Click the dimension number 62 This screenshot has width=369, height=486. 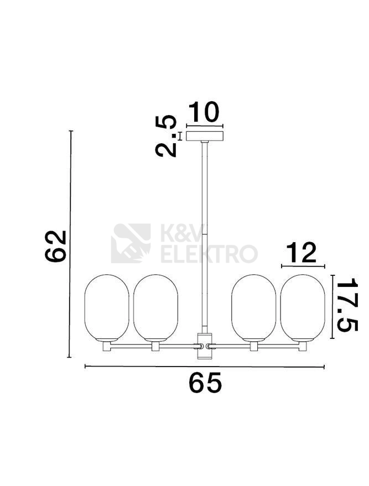coord(56,247)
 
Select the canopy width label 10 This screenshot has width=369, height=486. coord(204,112)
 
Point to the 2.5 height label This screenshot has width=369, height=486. coord(166,136)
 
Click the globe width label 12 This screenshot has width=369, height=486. coord(301,253)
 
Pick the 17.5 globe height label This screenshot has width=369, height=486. coord(347,305)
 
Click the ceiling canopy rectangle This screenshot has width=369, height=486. coord(205,136)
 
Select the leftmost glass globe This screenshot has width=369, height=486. coord(107,307)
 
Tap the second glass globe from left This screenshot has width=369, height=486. coord(155,307)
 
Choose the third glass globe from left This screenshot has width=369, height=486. coord(253,307)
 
